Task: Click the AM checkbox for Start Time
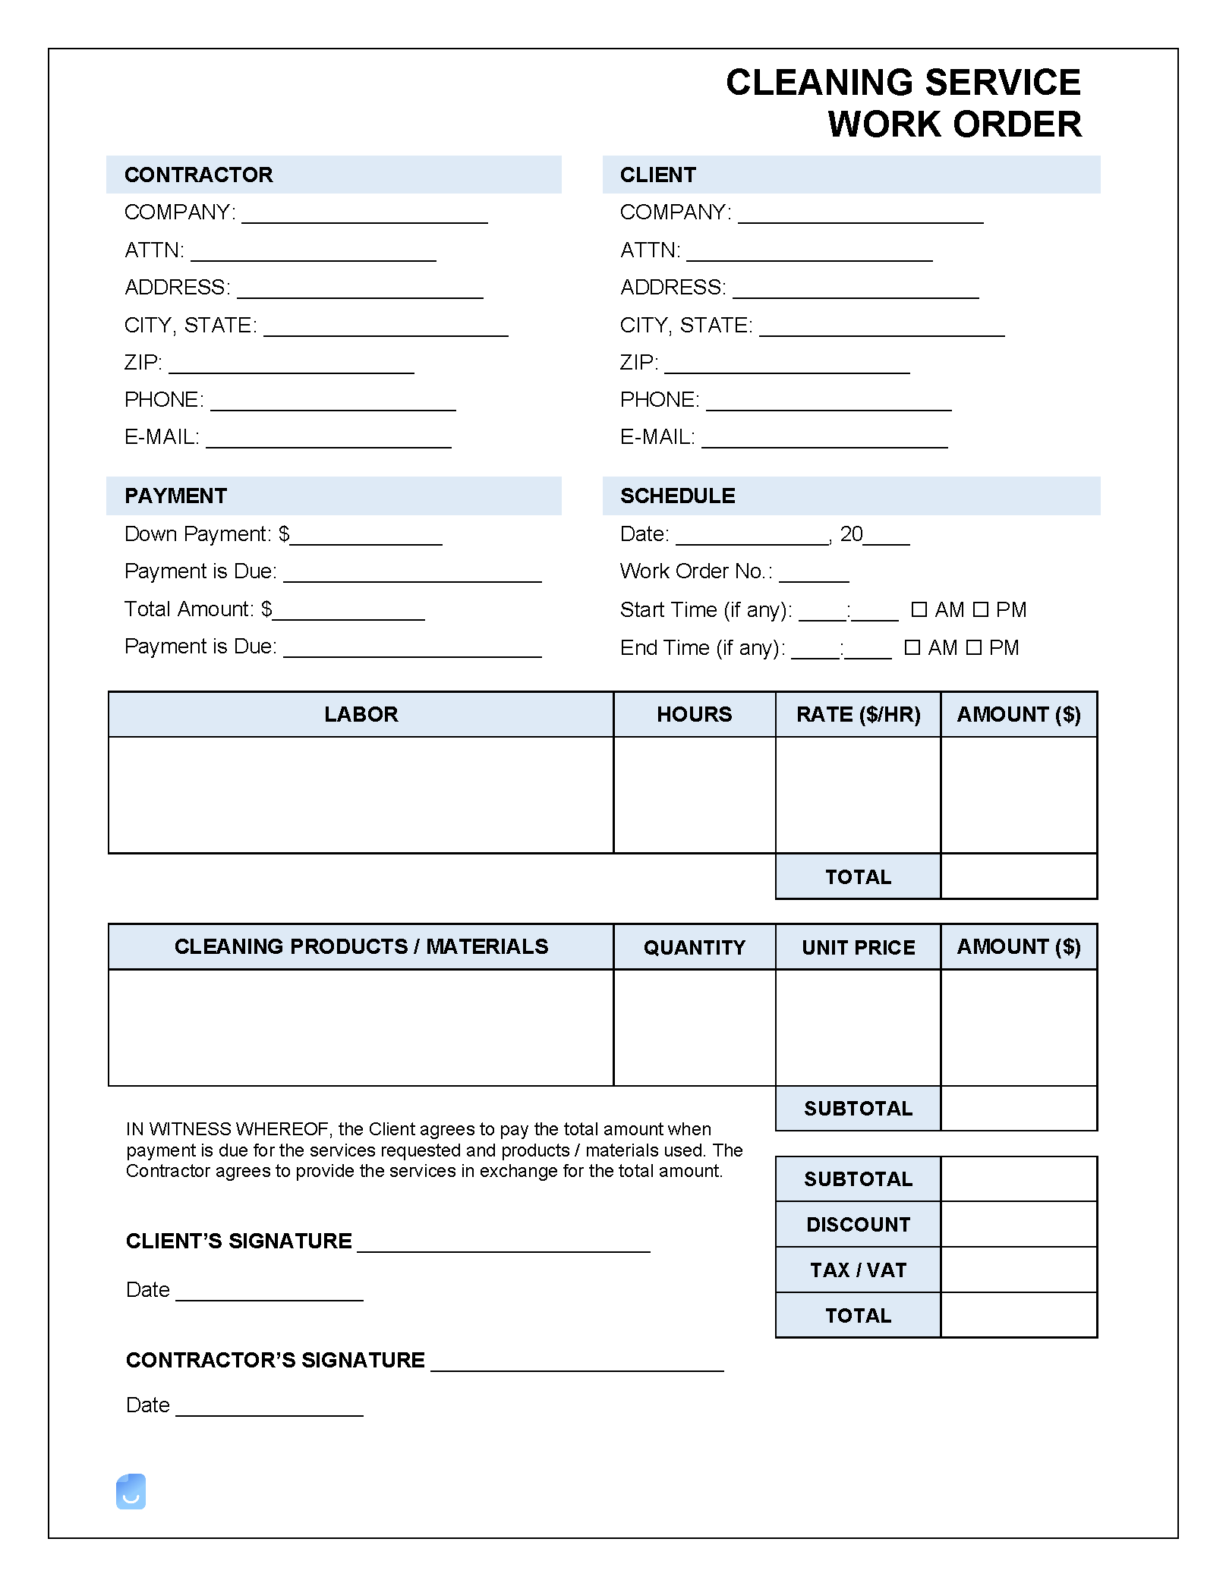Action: (x=919, y=609)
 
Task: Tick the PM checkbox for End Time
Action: (x=974, y=647)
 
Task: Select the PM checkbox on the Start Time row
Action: (x=981, y=609)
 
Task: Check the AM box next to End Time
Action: (x=912, y=647)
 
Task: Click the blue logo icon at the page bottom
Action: (x=131, y=1491)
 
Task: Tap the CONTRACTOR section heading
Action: (x=199, y=175)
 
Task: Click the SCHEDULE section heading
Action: (x=677, y=496)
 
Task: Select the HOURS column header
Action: (x=694, y=714)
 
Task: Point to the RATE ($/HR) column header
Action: (x=858, y=714)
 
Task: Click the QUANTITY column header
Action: (x=694, y=947)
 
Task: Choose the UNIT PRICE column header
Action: (x=858, y=947)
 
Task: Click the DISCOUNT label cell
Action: (x=858, y=1224)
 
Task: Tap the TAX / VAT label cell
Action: (x=858, y=1270)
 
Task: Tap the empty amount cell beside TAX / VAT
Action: (x=1019, y=1270)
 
